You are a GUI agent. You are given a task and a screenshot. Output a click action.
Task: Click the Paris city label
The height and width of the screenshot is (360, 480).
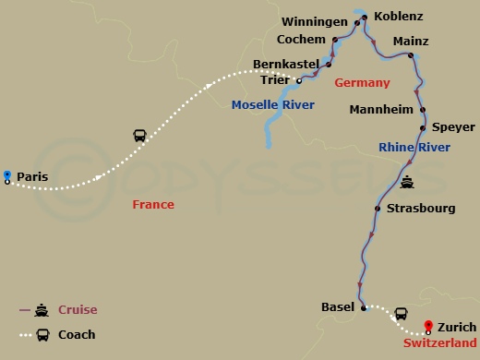pos(32,175)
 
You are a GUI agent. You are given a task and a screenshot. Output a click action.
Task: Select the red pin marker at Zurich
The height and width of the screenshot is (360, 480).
pos(428,325)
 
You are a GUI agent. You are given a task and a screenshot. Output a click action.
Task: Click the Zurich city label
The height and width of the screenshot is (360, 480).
pos(457,327)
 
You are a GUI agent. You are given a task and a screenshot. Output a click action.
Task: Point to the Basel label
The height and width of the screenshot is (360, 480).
pos(337,306)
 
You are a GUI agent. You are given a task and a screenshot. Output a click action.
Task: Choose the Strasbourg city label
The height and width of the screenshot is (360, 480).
pos(421,209)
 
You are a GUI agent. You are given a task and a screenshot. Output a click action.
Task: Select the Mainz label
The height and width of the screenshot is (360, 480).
pos(410,42)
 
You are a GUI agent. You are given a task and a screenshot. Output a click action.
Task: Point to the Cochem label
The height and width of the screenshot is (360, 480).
pos(302,40)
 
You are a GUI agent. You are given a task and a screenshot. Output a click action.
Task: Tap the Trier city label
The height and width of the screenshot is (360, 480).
pos(275,80)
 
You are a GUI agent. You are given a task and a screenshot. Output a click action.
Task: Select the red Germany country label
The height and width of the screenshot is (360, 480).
pos(362,82)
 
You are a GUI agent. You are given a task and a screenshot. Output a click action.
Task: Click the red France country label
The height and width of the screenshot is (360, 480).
pos(153,205)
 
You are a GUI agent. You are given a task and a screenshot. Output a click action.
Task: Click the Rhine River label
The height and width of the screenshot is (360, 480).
pos(414,147)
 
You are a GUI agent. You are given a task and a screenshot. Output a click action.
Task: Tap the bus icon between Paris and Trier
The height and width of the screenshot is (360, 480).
pos(139,137)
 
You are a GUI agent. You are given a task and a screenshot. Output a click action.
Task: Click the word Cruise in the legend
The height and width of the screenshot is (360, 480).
pos(78,310)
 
